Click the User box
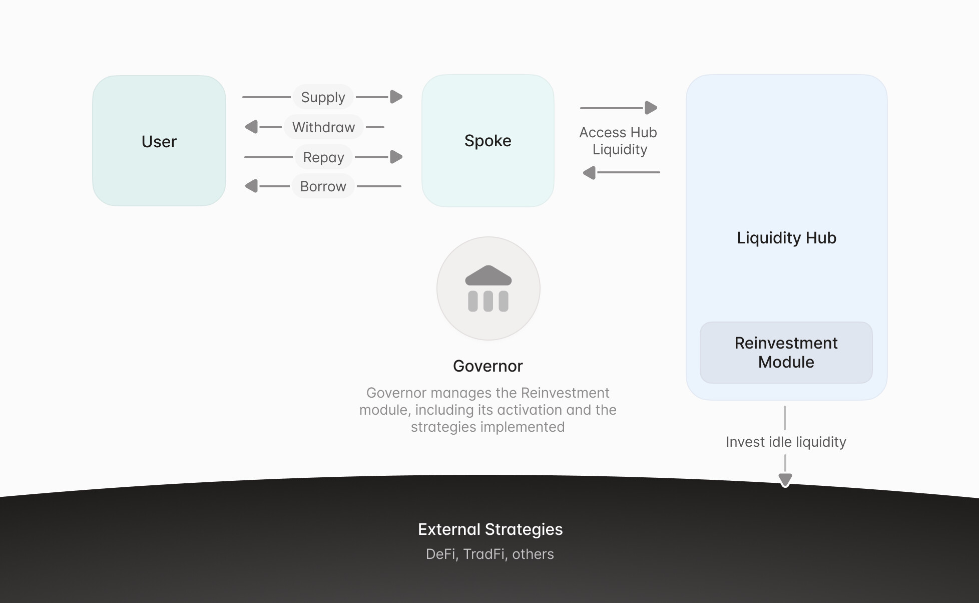159,141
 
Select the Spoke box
488,141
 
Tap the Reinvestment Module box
786,353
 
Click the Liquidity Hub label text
786,238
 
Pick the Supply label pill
323,97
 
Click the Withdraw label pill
323,127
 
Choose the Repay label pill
323,157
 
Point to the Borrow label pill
323,186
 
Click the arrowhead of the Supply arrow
396,97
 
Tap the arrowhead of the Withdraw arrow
251,127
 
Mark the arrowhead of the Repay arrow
396,157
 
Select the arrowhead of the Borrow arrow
251,186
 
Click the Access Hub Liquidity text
619,141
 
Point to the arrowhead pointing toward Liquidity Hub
651,108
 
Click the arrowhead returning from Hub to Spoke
590,173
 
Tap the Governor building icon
488,288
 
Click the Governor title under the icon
488,366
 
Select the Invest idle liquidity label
786,442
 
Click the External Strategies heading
490,529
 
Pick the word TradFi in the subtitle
484,554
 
